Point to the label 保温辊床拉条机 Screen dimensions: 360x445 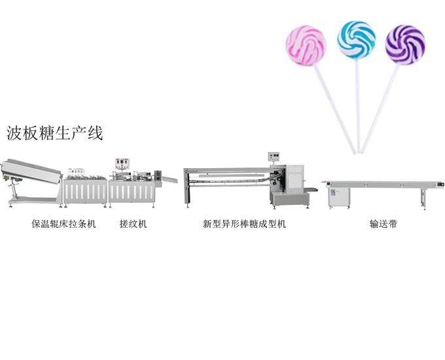click(x=64, y=224)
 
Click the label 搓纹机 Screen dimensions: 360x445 click(x=133, y=224)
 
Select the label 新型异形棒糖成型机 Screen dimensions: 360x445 click(x=244, y=224)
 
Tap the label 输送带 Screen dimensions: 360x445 click(x=383, y=224)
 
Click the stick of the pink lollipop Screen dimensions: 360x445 click(x=334, y=105)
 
